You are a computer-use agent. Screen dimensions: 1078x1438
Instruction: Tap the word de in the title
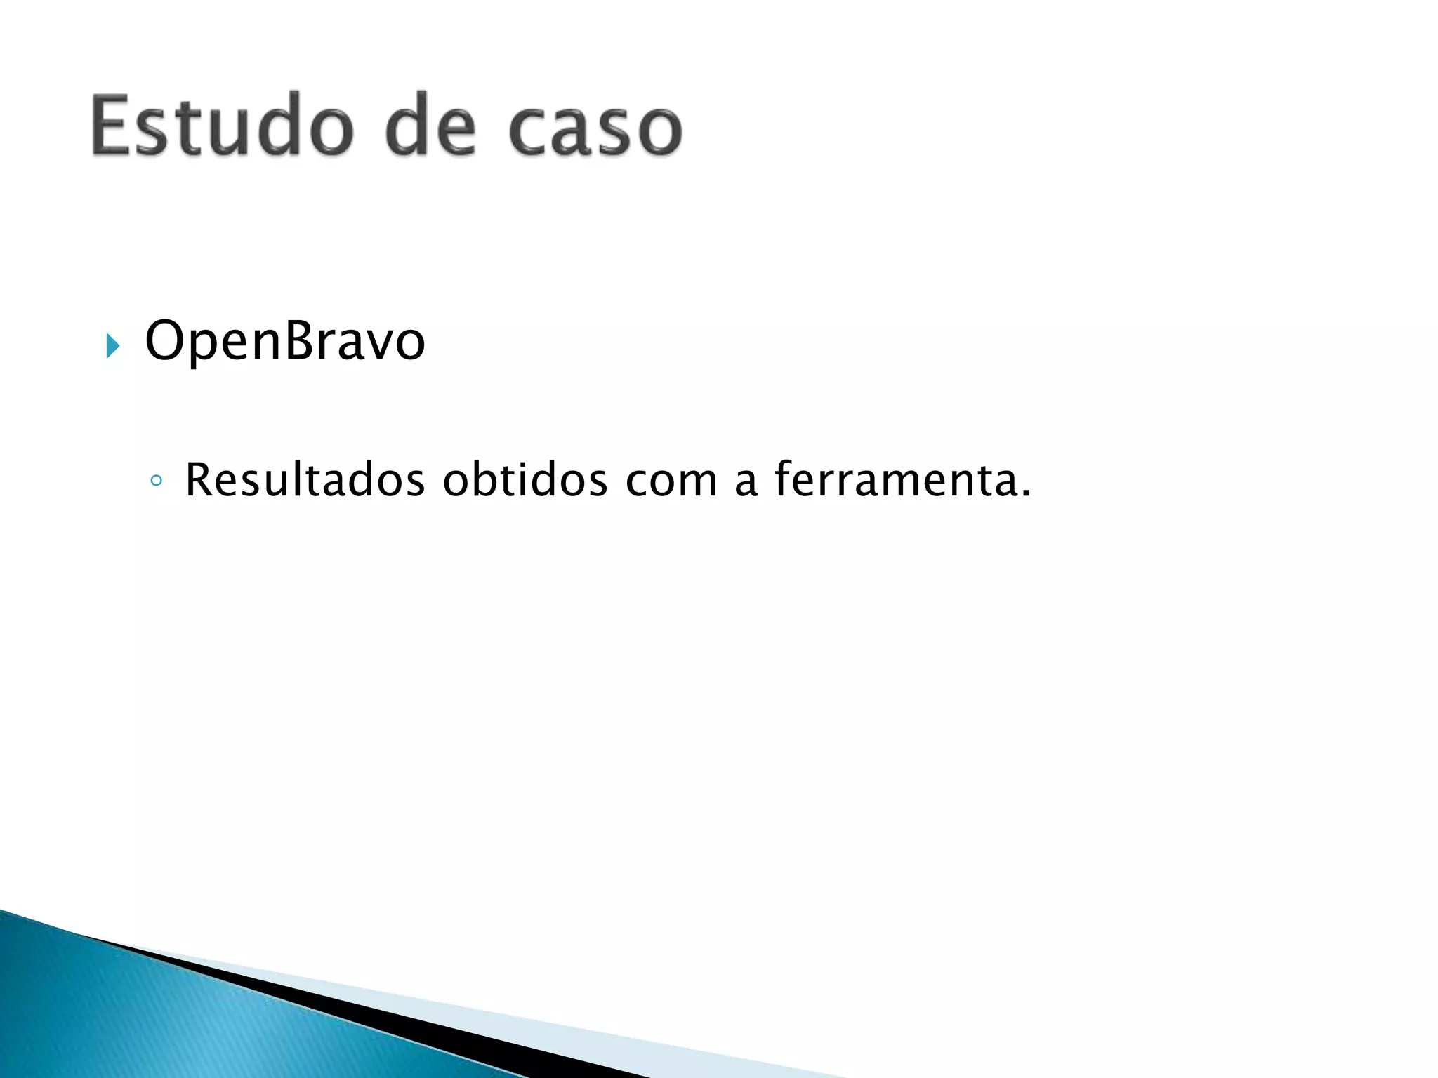click(x=430, y=126)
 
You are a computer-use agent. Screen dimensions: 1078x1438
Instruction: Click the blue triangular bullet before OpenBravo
click(x=112, y=345)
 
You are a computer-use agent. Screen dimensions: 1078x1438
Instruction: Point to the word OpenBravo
click(x=284, y=342)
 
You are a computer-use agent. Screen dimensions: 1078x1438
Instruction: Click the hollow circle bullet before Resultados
click(x=157, y=481)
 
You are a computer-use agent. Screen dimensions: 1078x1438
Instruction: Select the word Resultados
click(x=305, y=480)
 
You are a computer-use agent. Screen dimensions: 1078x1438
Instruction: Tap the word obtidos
click(x=525, y=480)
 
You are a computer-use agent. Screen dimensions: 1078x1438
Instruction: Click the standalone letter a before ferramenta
click(x=746, y=483)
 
